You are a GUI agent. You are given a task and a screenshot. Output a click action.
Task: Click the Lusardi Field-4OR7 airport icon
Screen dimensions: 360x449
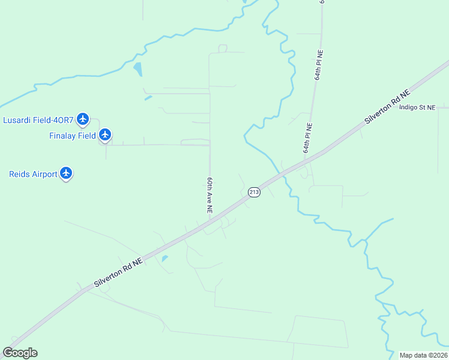[83, 119]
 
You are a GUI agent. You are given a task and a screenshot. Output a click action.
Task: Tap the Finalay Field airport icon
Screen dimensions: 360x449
[106, 134]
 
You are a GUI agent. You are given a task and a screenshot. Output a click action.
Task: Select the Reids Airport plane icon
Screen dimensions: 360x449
[66, 173]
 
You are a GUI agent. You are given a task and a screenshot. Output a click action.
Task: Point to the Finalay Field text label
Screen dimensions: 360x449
[72, 136]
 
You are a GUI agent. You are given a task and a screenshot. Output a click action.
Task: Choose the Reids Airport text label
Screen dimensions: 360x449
[33, 175]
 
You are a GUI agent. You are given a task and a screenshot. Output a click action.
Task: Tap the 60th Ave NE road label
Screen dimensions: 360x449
[210, 196]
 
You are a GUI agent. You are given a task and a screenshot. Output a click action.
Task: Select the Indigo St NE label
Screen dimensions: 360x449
[417, 107]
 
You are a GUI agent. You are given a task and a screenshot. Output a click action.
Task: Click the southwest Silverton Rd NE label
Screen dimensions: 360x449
[118, 272]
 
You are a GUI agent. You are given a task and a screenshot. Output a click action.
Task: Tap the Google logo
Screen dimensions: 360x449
[20, 353]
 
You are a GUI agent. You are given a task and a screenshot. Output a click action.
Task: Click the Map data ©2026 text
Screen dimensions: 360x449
[423, 355]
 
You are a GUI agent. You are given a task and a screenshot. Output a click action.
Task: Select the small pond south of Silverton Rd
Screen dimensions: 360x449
[164, 259]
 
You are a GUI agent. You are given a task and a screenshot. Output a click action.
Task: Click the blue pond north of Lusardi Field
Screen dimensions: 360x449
[138, 69]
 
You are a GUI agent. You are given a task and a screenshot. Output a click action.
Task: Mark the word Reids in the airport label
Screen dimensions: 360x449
[20, 175]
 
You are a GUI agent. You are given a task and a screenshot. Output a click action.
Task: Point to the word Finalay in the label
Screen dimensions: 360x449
[63, 136]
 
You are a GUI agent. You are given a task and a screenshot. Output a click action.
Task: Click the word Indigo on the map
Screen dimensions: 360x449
[409, 107]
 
